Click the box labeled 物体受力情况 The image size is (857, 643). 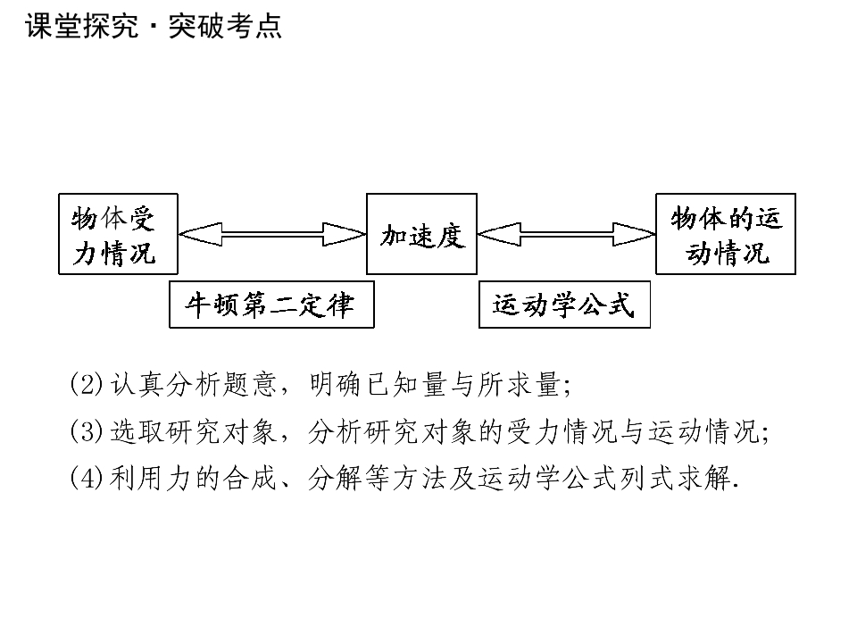118,234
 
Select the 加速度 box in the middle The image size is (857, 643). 421,234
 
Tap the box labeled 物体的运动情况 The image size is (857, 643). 725,234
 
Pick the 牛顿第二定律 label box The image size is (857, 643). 271,305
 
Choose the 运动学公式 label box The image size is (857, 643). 564,305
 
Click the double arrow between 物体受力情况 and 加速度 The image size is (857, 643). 272,235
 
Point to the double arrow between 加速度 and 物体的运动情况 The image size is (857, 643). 567,235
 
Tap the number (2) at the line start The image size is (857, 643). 87,385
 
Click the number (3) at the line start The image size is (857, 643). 87,432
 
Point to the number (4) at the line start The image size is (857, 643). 87,479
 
